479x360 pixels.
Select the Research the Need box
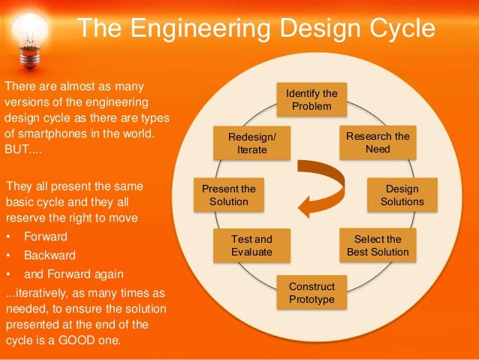pos(378,143)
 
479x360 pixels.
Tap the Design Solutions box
pos(402,195)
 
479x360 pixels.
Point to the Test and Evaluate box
pos(252,245)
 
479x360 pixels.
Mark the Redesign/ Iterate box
pos(252,143)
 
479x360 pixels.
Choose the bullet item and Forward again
pos(74,273)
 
